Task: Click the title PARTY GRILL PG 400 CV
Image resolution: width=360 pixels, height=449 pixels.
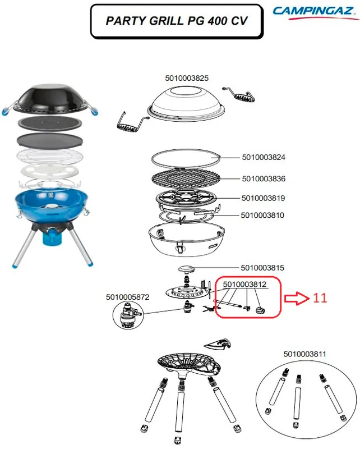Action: [x=177, y=21]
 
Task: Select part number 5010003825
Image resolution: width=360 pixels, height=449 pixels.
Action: [x=187, y=78]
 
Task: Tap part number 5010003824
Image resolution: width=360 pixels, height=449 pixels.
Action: [x=264, y=157]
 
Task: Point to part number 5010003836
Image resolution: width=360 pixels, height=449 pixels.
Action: [x=264, y=178]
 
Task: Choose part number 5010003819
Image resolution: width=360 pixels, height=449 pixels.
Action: [x=264, y=198]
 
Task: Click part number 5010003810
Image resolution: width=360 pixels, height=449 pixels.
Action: [x=262, y=215]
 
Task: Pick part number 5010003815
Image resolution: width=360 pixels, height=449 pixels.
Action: [x=262, y=268]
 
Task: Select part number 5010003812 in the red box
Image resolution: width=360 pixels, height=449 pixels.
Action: [x=244, y=285]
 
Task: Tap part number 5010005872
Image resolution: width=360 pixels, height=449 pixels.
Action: [x=128, y=297]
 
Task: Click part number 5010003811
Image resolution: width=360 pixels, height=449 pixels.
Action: [x=305, y=354]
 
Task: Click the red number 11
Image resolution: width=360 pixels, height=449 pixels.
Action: [x=320, y=298]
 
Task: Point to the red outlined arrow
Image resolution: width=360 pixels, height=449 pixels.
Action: [x=297, y=299]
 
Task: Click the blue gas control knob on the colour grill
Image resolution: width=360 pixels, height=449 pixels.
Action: [x=53, y=236]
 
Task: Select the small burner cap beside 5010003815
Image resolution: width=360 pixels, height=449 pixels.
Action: [x=186, y=269]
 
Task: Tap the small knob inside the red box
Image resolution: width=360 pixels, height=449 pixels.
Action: [x=260, y=310]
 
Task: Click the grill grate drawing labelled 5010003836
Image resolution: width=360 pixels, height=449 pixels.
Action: [x=186, y=178]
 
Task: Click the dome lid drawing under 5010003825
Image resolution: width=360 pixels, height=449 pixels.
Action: [x=187, y=104]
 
